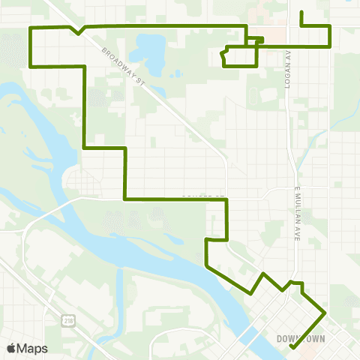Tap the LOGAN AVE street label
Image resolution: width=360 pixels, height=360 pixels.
point(287,71)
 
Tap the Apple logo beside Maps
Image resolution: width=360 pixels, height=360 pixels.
point(10,348)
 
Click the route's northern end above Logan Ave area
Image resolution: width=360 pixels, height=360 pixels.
point(301,13)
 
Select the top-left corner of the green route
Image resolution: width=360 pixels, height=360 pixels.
point(30,28)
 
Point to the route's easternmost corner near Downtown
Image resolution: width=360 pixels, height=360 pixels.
point(325,311)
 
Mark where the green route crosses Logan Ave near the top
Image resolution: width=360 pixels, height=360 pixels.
point(289,46)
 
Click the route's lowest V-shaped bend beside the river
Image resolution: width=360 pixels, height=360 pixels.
point(251,294)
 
